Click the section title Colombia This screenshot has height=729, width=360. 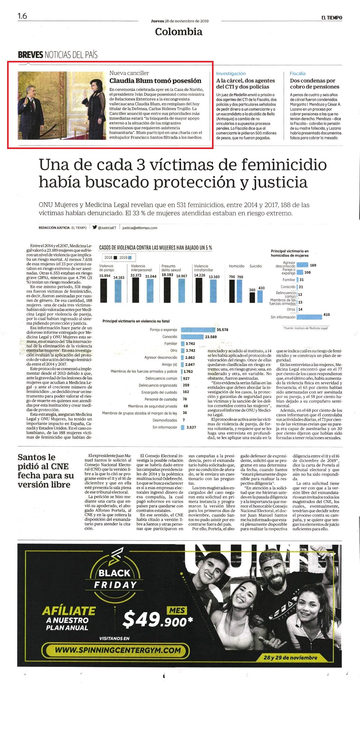coord(179,32)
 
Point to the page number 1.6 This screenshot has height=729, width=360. coord(22,16)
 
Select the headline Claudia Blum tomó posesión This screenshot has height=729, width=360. coord(155,81)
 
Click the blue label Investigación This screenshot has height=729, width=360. coord(231,74)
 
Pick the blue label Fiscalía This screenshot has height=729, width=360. coord(298,74)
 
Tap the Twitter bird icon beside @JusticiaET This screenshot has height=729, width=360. coord(95,227)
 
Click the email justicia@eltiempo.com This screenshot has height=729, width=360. coord(140,228)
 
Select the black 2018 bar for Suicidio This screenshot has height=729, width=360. coord(252,297)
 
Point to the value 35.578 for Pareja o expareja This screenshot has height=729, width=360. coord(222,330)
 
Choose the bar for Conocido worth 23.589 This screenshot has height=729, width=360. coord(192,337)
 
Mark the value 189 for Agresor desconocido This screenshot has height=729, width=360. coord(313,265)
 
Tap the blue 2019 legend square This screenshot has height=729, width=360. coord(130,258)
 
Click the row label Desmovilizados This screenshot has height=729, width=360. coord(165,420)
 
